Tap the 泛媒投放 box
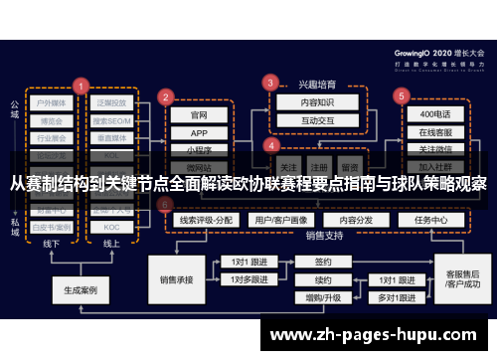pos(111,101)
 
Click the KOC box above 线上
pos(111,227)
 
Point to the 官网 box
pos(200,114)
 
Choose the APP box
pos(200,132)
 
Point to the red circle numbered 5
pos(402,95)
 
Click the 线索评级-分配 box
pos(204,219)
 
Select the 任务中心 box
pos(431,219)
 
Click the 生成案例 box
pos(82,291)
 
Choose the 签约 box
pos(322,263)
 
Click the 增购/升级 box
pos(322,297)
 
